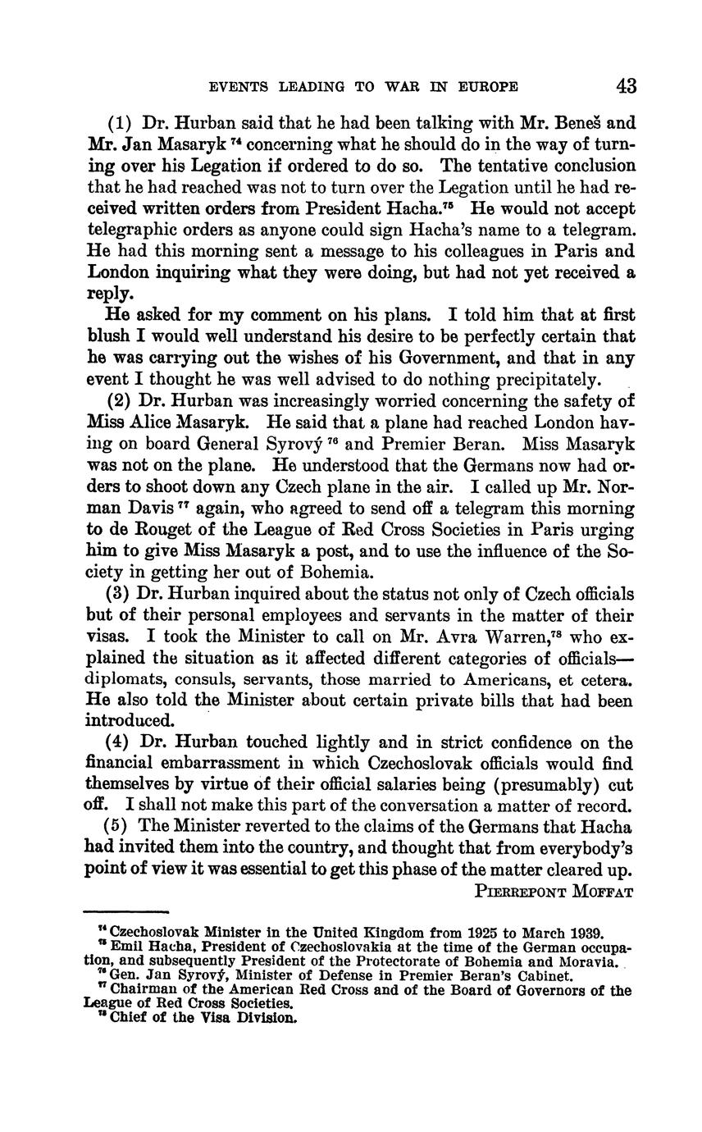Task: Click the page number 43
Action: tap(624, 86)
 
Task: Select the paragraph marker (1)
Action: tap(120, 124)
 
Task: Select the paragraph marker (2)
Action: tap(120, 401)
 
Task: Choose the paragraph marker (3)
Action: tap(120, 593)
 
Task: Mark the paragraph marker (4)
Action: tap(120, 742)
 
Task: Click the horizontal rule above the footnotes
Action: tap(126, 911)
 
